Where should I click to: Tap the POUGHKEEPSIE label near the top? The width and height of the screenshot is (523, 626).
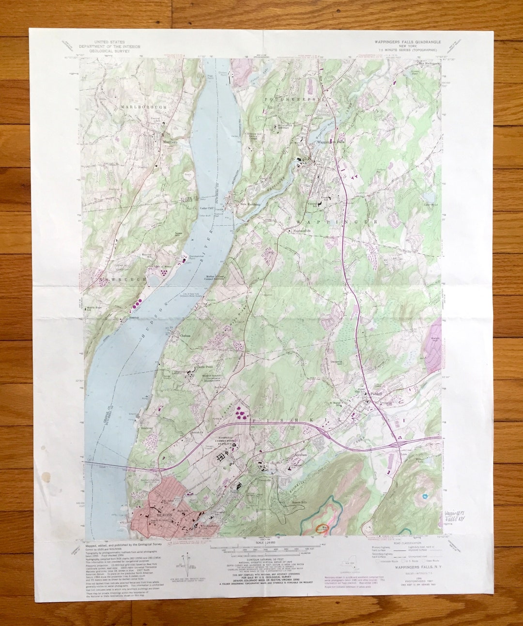(x=289, y=99)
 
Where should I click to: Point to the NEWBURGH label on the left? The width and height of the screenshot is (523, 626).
(x=102, y=280)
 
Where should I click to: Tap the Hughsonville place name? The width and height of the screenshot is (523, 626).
(x=304, y=231)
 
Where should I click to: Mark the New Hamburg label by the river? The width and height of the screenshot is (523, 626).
(x=250, y=204)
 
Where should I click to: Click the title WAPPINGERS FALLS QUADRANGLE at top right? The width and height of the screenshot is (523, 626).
(x=405, y=42)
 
